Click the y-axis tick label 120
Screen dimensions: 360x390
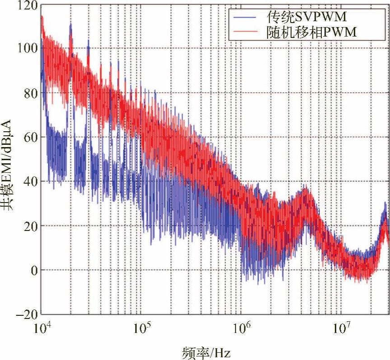tap(28, 5)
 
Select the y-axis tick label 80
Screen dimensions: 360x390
tap(30, 93)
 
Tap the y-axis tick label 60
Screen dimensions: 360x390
tap(30, 137)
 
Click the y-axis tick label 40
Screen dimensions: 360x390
tap(30, 181)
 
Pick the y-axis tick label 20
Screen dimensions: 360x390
tap(30, 226)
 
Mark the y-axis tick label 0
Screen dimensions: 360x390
tap(32, 270)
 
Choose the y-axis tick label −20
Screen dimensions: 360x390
tap(26, 314)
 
